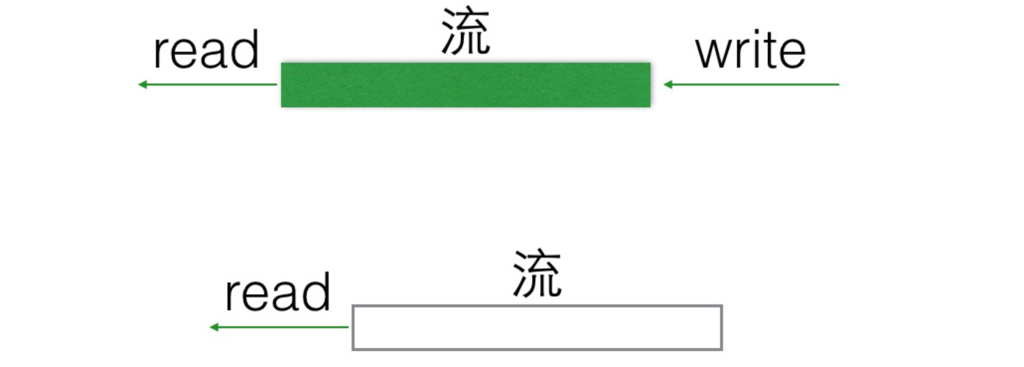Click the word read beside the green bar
point(206,50)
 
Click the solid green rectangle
point(465,85)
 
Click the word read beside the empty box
point(278,293)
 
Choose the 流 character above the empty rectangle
point(537,274)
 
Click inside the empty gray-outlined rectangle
point(537,328)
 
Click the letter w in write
point(713,52)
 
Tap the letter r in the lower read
point(231,295)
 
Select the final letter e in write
point(792,53)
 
